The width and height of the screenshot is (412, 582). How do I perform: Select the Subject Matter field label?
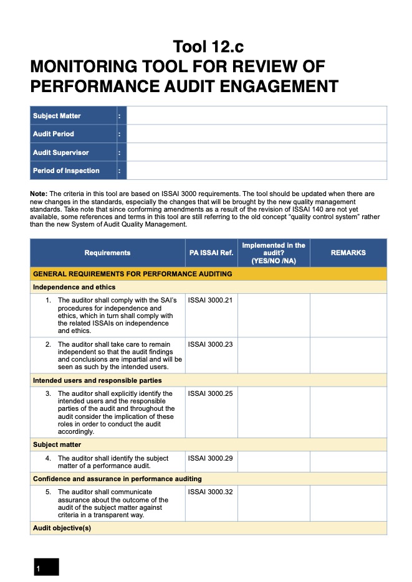point(57,116)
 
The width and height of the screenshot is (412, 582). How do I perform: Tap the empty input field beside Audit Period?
point(256,134)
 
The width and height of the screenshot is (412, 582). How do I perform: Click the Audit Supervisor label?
point(60,153)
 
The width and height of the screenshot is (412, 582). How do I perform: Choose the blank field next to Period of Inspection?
point(256,171)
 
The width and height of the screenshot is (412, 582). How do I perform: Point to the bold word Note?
point(39,194)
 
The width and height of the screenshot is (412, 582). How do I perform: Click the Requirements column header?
point(107,253)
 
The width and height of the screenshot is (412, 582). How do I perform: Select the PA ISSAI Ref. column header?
point(211,253)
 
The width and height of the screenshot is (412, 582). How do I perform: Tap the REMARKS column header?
point(348,253)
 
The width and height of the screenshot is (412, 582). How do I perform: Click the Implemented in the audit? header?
point(273,253)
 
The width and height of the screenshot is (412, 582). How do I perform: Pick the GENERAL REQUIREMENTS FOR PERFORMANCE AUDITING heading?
point(132,274)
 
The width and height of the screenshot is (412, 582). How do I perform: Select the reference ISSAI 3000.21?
point(210,301)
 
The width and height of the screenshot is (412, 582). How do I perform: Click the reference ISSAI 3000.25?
point(210,394)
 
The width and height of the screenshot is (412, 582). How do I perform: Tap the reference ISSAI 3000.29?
point(210,458)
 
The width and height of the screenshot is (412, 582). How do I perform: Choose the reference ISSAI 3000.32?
point(210,492)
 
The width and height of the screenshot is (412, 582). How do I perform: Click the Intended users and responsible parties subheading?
point(97,380)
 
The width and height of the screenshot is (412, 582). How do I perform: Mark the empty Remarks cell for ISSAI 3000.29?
point(348,462)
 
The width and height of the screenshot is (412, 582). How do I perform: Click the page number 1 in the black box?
point(39,568)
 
